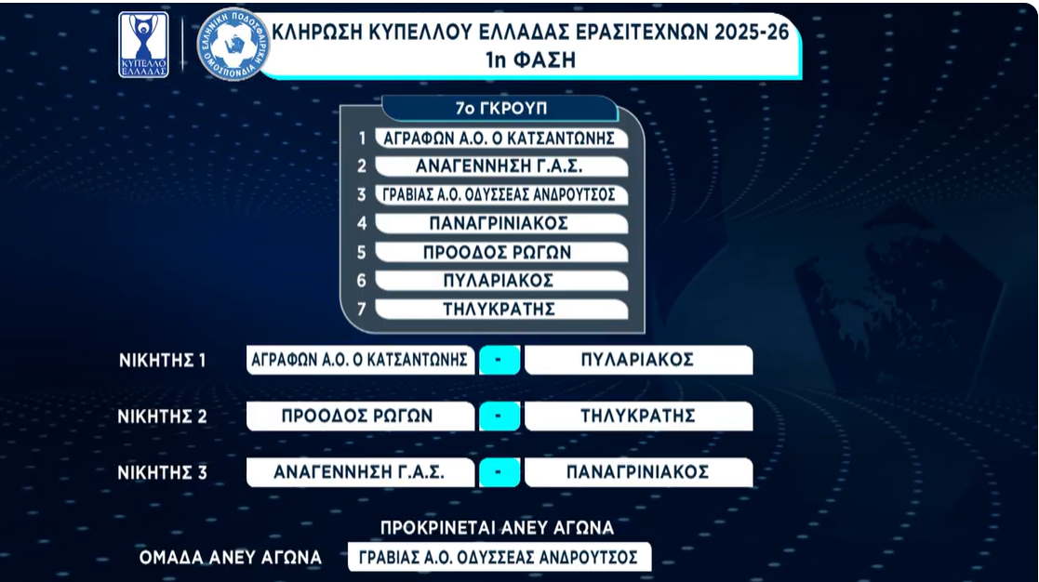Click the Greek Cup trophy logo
[143, 45]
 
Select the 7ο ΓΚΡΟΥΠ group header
[500, 109]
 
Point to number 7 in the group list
[362, 310]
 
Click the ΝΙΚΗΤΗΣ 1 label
[163, 360]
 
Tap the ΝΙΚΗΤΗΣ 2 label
[163, 417]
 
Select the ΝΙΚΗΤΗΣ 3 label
[163, 472]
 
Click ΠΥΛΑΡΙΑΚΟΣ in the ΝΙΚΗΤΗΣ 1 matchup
[638, 360]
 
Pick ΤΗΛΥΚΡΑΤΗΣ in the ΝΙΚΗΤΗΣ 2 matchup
[638, 416]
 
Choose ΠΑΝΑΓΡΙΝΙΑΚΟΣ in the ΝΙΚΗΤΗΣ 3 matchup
[638, 472]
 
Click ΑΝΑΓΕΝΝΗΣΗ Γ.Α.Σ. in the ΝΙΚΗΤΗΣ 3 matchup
[360, 472]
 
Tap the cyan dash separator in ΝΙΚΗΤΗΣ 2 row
[499, 417]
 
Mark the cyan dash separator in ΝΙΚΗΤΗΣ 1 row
[499, 360]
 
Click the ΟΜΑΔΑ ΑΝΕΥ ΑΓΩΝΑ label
[231, 558]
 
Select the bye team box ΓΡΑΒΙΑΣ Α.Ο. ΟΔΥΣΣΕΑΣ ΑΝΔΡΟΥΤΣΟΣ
[499, 557]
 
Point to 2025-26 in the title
[752, 32]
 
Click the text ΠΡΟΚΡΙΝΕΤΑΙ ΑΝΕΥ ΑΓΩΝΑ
[497, 528]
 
